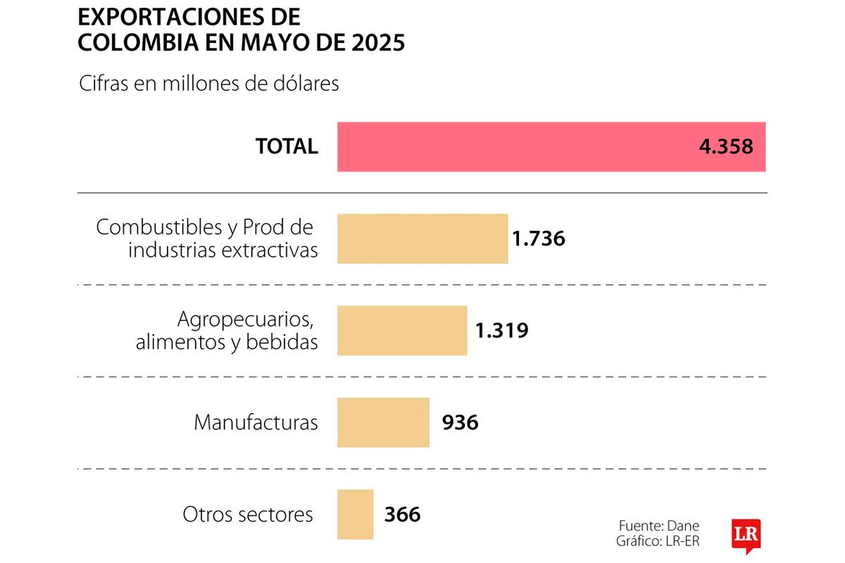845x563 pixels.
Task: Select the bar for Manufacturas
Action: point(383,422)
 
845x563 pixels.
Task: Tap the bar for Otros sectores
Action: point(355,514)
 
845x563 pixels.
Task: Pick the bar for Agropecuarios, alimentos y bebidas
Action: point(401,331)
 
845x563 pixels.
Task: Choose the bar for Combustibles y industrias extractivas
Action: point(423,239)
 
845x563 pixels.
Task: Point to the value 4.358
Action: point(727,146)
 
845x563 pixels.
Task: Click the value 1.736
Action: point(539,239)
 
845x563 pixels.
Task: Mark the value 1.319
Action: point(501,331)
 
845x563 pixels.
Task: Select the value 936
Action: point(460,422)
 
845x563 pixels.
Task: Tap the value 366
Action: point(402,514)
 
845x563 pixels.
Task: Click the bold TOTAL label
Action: point(287,146)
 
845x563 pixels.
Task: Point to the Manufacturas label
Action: point(256,422)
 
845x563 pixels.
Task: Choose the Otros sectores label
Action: point(248,514)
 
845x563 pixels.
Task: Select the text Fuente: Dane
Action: point(659,526)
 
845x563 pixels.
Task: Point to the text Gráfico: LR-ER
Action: point(658,541)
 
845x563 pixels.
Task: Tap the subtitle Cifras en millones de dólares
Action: point(208,84)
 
